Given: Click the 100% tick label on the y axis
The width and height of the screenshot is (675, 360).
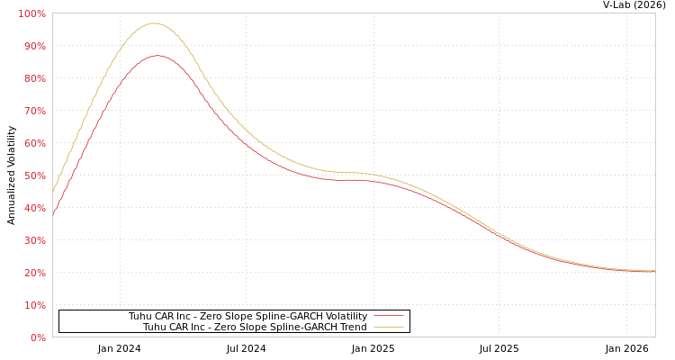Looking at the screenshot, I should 32,14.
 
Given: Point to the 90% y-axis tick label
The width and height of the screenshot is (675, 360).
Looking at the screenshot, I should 34,47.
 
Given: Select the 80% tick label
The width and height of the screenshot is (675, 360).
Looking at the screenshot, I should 34,79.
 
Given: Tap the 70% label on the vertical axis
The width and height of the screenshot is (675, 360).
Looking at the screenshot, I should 34,112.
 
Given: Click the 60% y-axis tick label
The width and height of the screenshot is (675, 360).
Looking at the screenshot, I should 34,144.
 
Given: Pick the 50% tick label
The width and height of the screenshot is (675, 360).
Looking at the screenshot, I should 34,176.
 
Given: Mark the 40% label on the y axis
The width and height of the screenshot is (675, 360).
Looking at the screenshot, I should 34,209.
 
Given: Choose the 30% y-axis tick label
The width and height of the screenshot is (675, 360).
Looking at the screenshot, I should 34,241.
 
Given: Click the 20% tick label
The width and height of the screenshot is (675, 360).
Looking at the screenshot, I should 34,274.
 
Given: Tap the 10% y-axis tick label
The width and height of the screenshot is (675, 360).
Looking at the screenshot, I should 34,306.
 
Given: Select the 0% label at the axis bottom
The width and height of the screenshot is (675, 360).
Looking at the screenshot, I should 38,338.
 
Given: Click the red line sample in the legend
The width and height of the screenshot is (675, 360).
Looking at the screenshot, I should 388,316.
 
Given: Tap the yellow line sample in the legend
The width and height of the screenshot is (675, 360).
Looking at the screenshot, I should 388,327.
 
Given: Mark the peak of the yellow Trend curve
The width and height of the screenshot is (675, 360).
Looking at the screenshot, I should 154,23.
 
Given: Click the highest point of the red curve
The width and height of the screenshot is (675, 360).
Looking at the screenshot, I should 157,56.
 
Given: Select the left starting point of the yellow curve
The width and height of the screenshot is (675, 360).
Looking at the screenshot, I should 53,190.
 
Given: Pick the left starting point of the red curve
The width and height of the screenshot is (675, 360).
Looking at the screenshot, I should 53,214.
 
